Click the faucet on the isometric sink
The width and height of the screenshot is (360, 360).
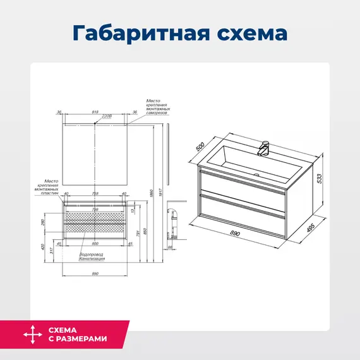[265, 148]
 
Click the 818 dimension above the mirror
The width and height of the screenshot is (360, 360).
[96, 112]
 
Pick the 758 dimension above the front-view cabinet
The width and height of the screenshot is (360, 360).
[95, 194]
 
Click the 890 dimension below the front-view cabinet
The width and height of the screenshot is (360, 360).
[95, 274]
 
